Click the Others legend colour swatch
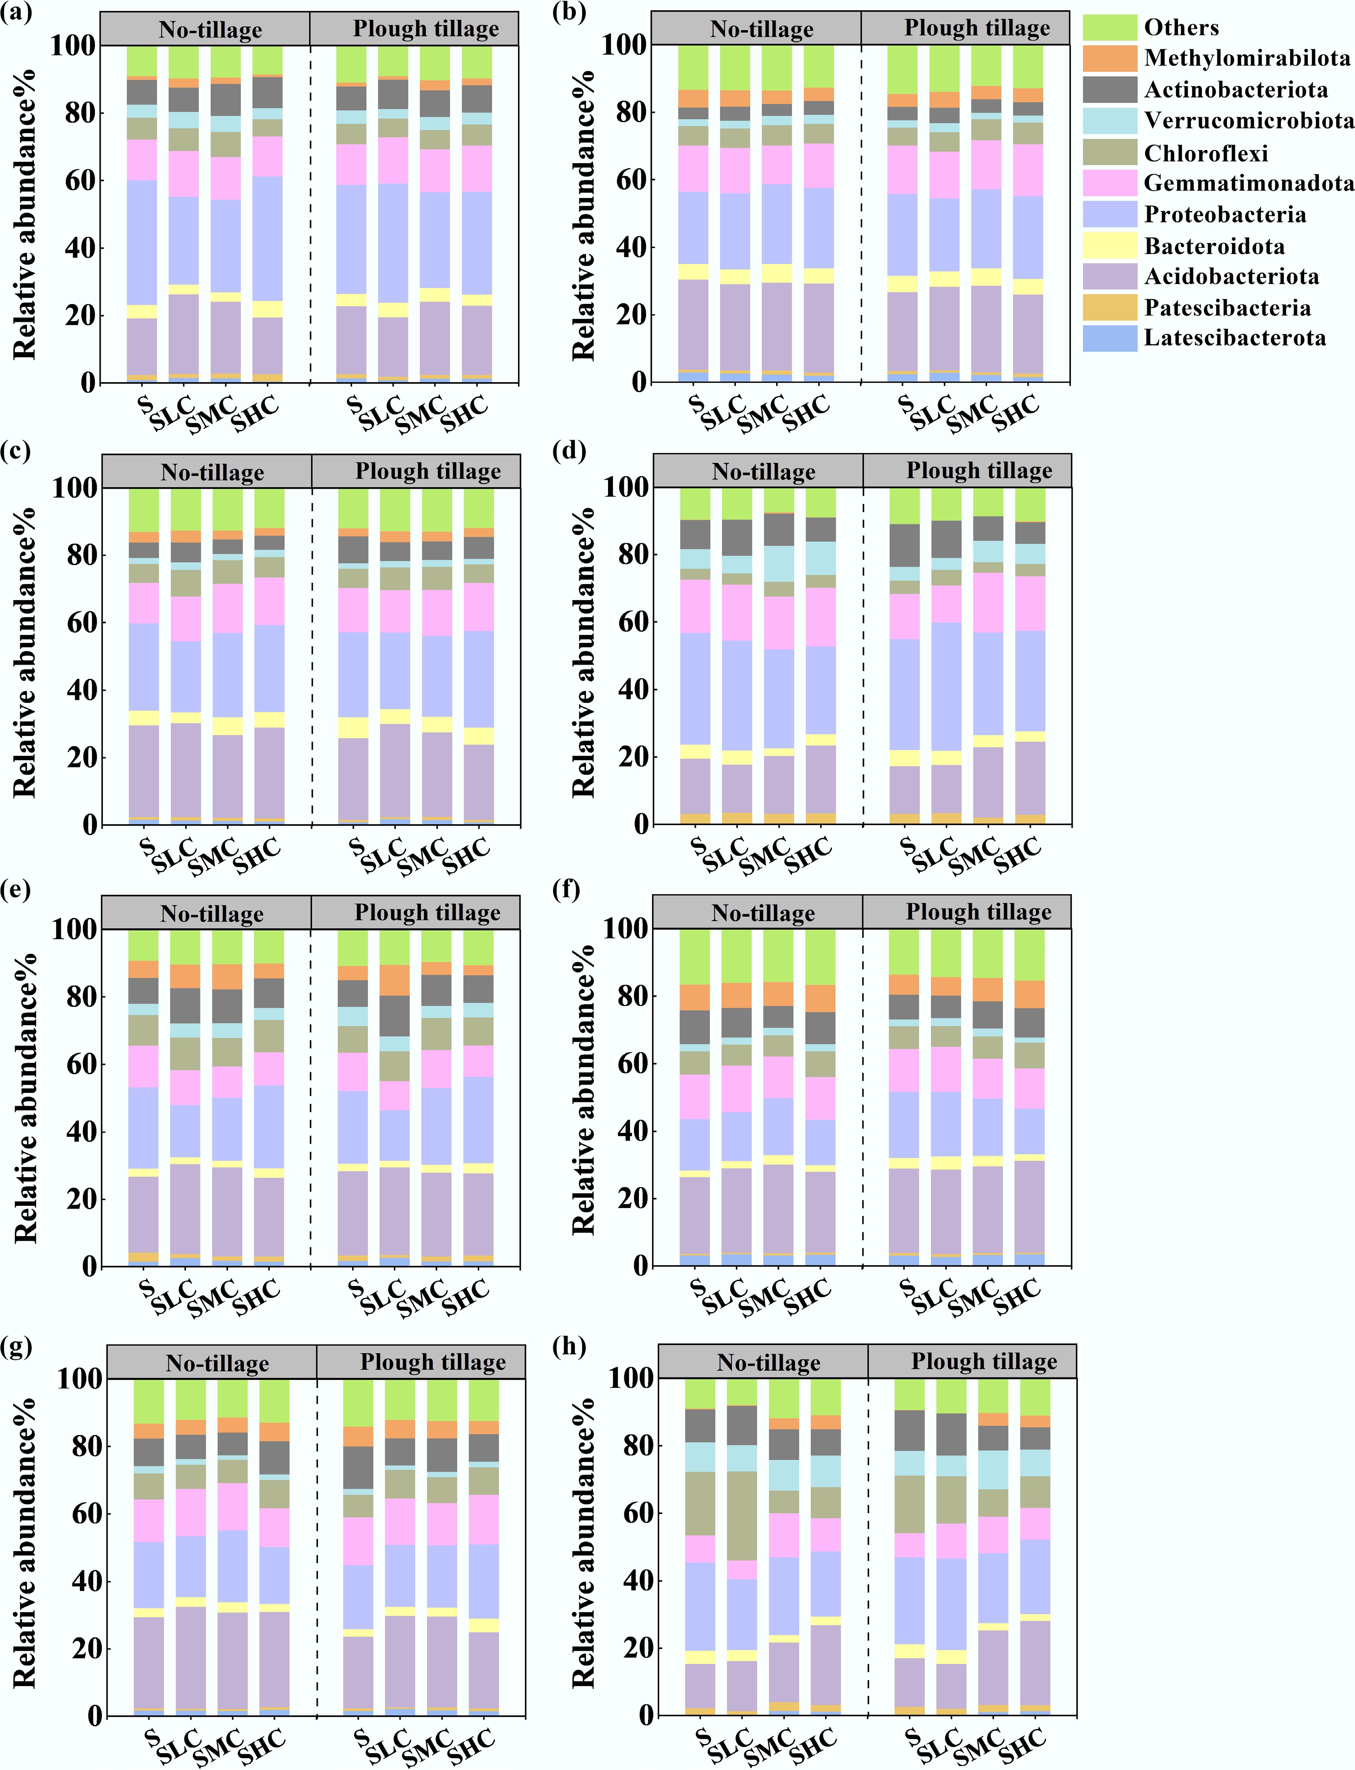[1109, 27]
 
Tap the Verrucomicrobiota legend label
[1249, 121]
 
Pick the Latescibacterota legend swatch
[1109, 338]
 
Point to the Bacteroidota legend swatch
[1109, 246]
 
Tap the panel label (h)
[569, 1346]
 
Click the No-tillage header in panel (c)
[212, 472]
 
